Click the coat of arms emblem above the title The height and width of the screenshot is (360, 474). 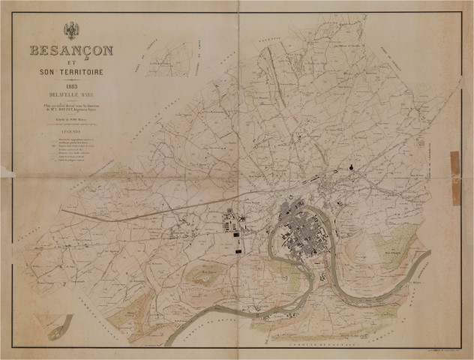[72, 31]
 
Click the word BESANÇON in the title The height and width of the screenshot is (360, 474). [72, 51]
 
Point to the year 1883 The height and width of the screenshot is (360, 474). [72, 85]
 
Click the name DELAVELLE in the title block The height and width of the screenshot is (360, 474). [72, 94]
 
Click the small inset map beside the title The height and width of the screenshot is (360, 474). [168, 59]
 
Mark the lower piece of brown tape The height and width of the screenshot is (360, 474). [455, 192]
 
